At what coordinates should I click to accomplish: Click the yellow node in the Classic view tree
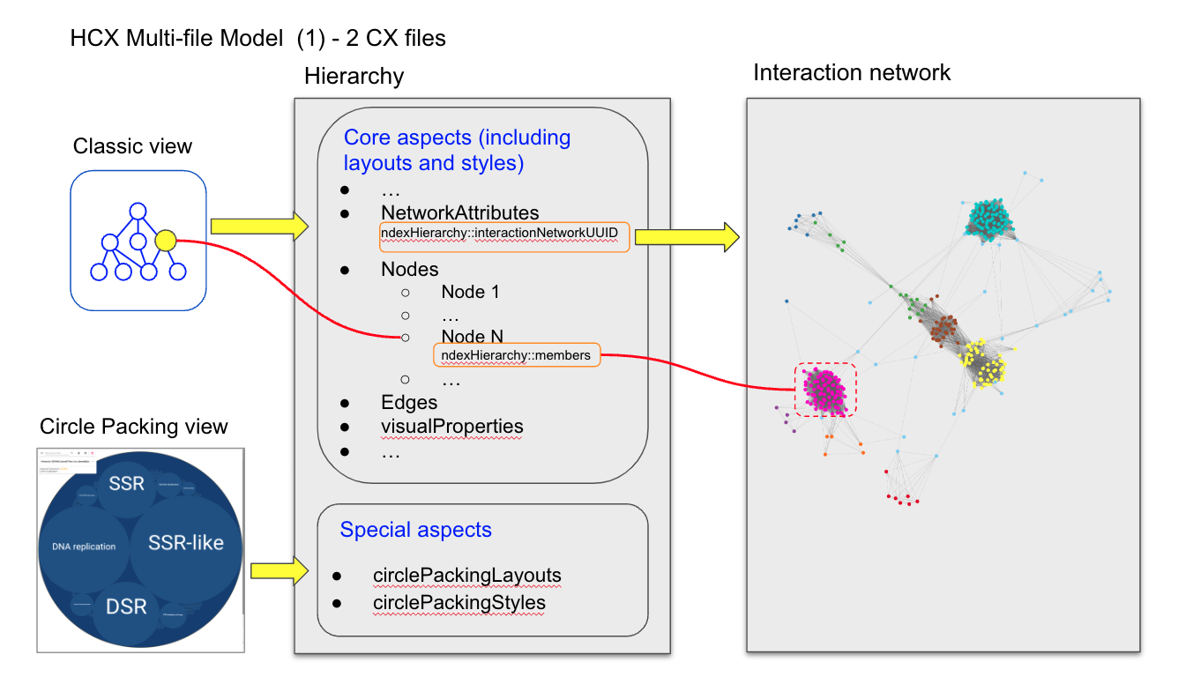pos(165,240)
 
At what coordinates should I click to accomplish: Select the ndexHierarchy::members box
pos(517,355)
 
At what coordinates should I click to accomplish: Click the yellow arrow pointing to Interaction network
pos(687,235)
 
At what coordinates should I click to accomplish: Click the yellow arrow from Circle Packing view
pos(279,570)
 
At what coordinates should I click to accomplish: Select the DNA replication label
pos(78,547)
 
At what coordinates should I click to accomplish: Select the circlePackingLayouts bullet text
pos(466,576)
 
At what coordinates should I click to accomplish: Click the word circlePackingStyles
pos(459,603)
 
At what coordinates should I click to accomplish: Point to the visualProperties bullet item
pos(451,427)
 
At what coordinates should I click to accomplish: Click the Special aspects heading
pos(415,530)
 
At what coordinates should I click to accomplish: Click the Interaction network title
pos(851,72)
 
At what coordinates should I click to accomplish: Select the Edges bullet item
pos(409,403)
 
